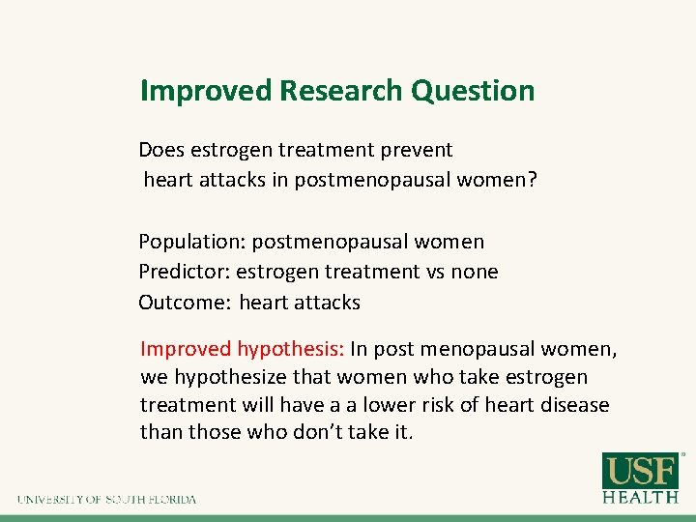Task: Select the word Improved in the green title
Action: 205,91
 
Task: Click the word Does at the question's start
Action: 161,150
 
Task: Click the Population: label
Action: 191,242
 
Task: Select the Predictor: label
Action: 184,272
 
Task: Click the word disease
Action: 573,404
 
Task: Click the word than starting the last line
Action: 160,431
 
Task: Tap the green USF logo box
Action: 640,472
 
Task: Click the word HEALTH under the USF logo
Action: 640,498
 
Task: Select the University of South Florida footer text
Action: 106,500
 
